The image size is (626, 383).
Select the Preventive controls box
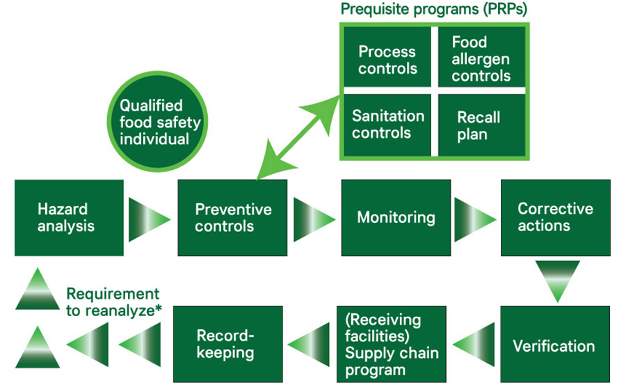click(233, 217)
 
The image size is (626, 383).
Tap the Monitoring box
click(396, 217)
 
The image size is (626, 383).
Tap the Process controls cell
click(387, 60)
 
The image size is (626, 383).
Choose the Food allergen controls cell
click(481, 60)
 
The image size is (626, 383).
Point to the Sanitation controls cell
click(387, 124)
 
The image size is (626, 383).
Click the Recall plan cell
click(481, 124)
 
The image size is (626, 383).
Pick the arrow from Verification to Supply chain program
click(474, 345)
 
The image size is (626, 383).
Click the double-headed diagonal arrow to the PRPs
click(296, 139)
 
